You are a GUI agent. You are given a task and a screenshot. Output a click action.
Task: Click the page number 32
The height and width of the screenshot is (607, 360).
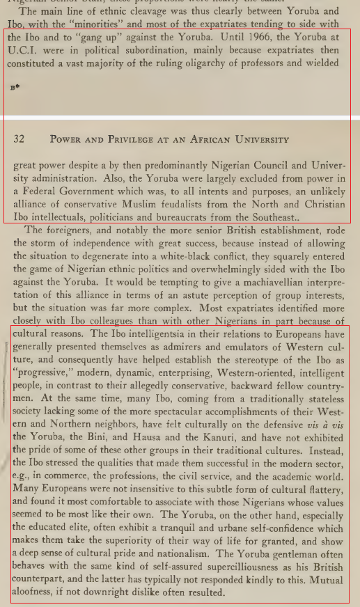coord(19,139)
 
